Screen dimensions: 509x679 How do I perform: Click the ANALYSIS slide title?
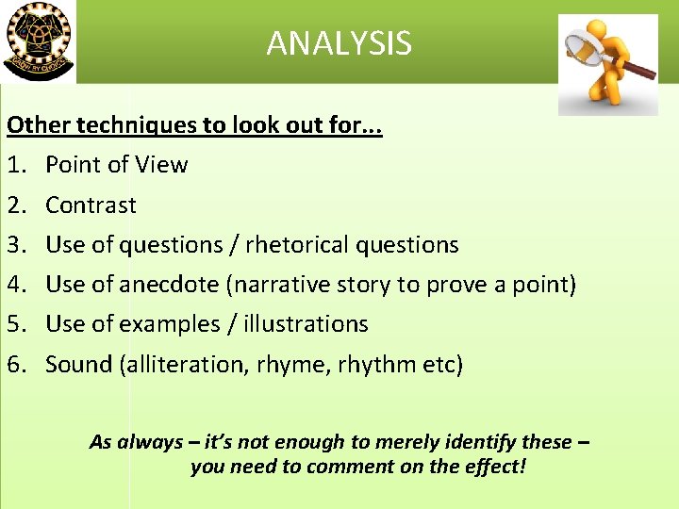click(x=339, y=43)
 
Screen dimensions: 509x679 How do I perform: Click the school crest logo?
click(x=38, y=41)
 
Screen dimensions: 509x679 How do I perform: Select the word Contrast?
click(x=91, y=205)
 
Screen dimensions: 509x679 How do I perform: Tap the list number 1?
click(x=16, y=165)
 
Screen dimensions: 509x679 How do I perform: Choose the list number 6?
click(x=16, y=364)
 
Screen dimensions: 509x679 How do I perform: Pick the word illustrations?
click(x=306, y=323)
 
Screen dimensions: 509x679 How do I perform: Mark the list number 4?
click(x=16, y=284)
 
